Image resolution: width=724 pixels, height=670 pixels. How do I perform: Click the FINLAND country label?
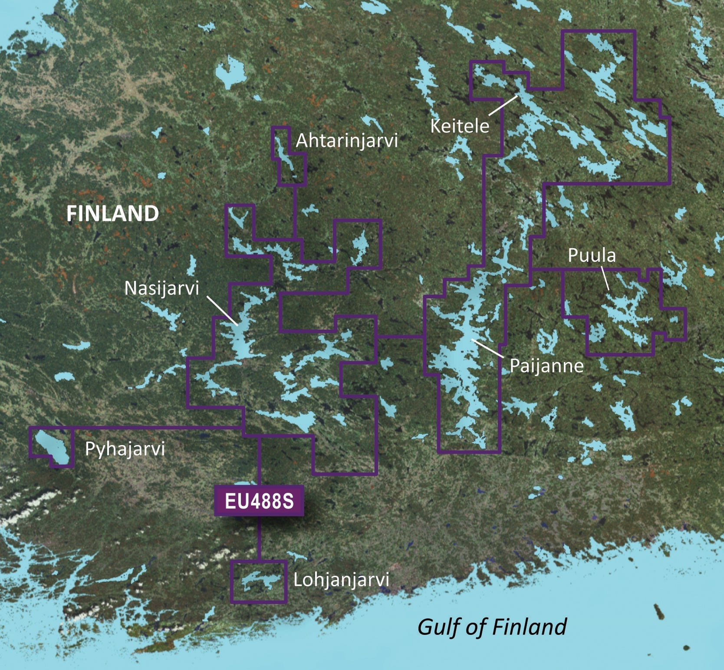(x=112, y=214)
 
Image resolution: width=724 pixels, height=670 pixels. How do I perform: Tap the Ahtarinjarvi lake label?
(x=346, y=141)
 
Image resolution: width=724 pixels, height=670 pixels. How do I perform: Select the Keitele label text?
(x=459, y=126)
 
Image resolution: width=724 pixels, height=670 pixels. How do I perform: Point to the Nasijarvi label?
(x=161, y=288)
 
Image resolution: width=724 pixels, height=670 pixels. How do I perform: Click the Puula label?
(x=592, y=255)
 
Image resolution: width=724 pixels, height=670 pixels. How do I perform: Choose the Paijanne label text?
(x=546, y=366)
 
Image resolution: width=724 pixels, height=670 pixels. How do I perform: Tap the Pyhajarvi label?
(x=125, y=449)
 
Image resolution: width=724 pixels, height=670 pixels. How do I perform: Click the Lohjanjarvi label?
(x=341, y=580)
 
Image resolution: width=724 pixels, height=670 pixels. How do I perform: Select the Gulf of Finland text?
(x=492, y=627)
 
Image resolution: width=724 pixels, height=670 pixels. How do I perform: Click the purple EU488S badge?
(x=259, y=501)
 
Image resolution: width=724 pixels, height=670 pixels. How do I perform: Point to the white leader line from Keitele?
(x=504, y=105)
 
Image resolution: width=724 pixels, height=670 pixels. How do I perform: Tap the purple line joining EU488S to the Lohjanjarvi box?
(x=259, y=538)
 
